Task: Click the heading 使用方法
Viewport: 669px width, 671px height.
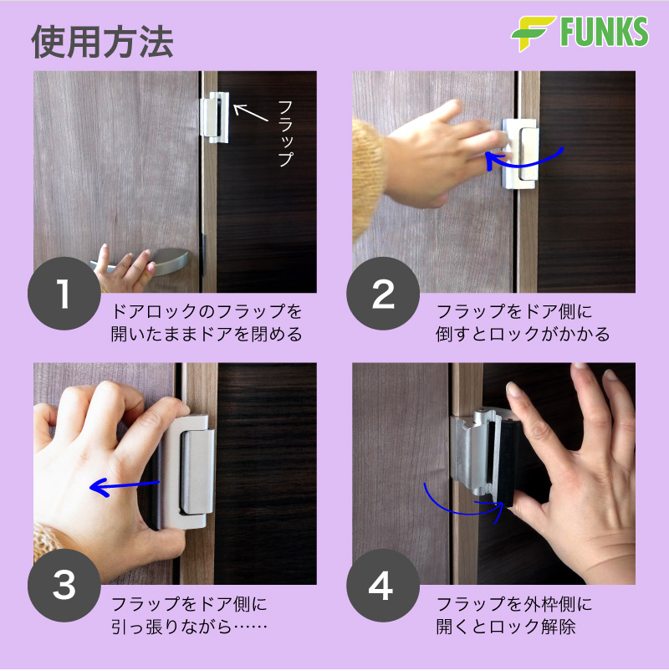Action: pos(102,42)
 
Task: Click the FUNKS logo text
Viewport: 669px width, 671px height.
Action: pos(604,32)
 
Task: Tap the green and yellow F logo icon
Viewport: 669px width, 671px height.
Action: pos(533,33)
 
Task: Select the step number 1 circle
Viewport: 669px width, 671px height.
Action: pos(64,293)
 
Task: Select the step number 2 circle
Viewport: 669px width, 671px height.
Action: pos(383,293)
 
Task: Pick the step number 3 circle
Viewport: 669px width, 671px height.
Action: pos(64,586)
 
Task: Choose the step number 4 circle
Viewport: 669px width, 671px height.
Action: pos(383,586)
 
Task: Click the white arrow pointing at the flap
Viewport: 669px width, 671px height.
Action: pos(250,112)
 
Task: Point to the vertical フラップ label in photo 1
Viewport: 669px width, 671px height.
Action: pos(286,134)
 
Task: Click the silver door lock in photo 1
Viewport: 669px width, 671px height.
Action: pos(215,117)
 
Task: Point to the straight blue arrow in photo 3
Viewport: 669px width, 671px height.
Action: pos(124,487)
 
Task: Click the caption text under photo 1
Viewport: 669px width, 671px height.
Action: pos(207,323)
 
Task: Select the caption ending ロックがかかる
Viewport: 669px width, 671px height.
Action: pos(523,323)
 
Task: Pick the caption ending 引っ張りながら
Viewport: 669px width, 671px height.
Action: pos(190,616)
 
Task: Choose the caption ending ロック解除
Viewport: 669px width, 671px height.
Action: pos(514,616)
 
